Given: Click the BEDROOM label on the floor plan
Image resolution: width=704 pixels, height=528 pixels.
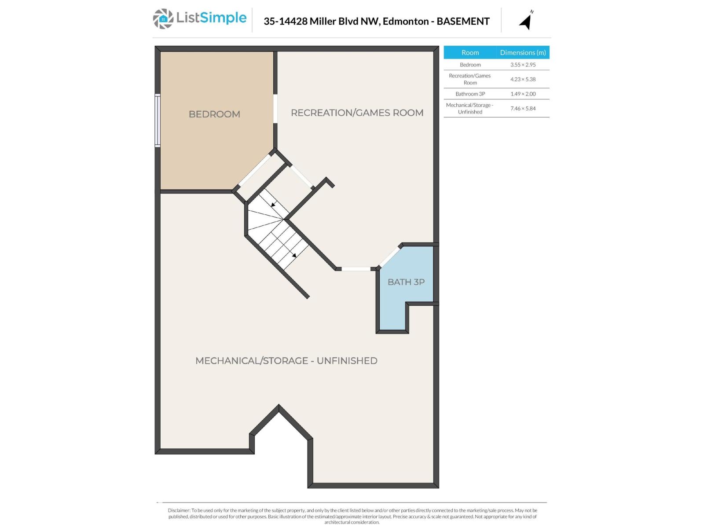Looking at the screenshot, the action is click(214, 114).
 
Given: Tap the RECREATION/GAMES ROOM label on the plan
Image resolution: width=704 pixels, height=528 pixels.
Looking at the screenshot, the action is click(357, 113).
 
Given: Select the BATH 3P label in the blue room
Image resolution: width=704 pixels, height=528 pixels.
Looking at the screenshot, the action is click(406, 282).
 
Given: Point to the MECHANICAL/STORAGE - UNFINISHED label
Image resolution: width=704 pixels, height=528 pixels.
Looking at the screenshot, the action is click(286, 361).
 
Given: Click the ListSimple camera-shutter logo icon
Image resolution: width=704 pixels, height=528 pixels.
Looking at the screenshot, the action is click(163, 19).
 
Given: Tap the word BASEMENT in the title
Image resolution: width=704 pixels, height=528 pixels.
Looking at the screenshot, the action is click(463, 21).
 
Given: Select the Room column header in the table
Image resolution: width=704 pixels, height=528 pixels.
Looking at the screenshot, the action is click(470, 52).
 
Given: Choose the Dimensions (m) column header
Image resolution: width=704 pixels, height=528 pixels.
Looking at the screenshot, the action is click(523, 52).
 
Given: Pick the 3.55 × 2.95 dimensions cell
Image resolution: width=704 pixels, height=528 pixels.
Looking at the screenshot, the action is click(523, 65).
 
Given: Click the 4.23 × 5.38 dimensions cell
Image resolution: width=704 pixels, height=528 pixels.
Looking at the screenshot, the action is click(523, 79).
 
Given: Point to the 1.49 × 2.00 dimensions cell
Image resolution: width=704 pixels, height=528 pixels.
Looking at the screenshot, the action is click(523, 94).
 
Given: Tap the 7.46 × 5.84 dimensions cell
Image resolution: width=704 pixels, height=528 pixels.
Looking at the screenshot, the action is click(523, 108).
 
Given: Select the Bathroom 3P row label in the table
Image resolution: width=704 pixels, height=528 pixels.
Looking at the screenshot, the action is click(470, 94).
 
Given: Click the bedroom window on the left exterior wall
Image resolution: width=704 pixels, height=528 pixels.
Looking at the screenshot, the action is click(158, 121).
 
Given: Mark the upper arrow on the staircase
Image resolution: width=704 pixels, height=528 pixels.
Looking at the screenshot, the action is click(273, 205).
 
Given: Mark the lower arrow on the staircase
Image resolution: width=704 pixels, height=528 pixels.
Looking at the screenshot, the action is click(294, 255).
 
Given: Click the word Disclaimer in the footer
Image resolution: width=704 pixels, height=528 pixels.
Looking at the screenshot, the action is click(179, 510).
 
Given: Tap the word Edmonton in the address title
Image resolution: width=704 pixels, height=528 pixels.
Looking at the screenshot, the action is click(406, 21).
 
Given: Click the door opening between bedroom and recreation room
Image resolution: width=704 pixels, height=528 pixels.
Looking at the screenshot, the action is click(275, 108).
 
